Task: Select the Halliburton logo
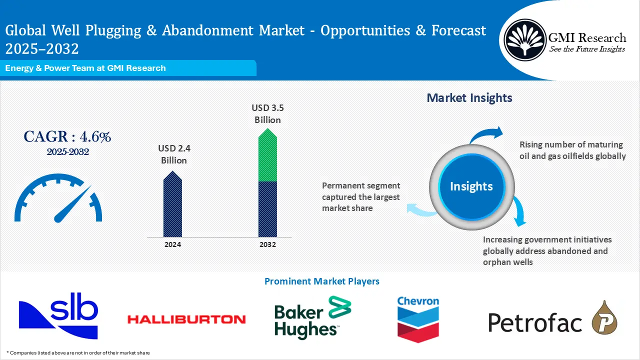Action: click(x=186, y=318)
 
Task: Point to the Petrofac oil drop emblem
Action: click(x=604, y=318)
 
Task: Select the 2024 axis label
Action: click(x=172, y=244)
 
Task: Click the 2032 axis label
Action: click(x=267, y=244)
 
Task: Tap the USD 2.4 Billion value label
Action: click(x=174, y=154)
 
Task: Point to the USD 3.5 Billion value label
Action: click(x=267, y=113)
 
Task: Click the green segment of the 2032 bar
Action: click(x=267, y=157)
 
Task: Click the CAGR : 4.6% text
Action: click(x=67, y=136)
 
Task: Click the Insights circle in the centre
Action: click(x=471, y=186)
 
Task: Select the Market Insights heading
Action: click(x=469, y=98)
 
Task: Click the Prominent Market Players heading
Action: click(x=321, y=281)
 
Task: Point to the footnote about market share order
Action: click(x=78, y=352)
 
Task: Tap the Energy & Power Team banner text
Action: click(x=85, y=68)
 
